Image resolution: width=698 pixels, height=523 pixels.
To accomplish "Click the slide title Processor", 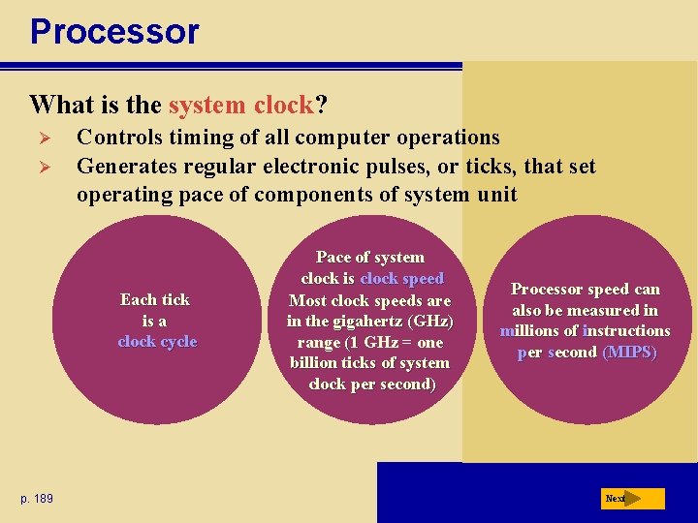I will pyautogui.click(x=114, y=31).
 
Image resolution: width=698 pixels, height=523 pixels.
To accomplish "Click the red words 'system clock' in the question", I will pyautogui.click(x=240, y=104).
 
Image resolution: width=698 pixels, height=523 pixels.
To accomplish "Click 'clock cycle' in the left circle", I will pyautogui.click(x=157, y=341).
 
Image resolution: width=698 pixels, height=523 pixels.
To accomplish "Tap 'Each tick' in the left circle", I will pyautogui.click(x=155, y=299).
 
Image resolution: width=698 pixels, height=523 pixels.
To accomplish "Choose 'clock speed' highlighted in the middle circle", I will pyautogui.click(x=401, y=278).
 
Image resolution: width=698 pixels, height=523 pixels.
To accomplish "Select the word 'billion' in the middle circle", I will pyautogui.click(x=314, y=363).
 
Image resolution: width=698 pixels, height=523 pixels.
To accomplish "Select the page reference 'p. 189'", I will pyautogui.click(x=37, y=498).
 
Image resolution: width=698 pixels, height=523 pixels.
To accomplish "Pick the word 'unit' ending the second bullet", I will pyautogui.click(x=496, y=194).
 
